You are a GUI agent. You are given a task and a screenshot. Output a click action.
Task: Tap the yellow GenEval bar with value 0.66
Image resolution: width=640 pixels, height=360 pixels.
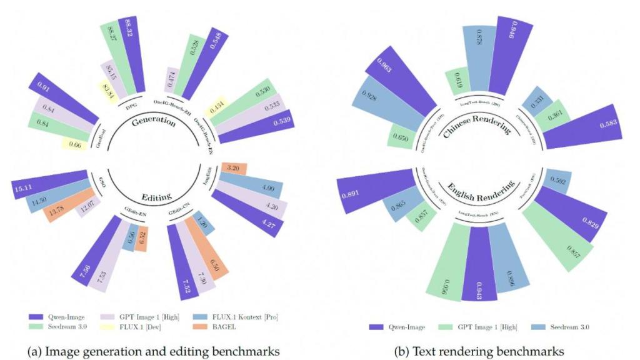click(x=74, y=145)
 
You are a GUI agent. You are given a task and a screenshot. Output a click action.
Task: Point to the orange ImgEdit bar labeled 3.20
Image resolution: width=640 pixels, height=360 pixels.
click(x=234, y=168)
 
